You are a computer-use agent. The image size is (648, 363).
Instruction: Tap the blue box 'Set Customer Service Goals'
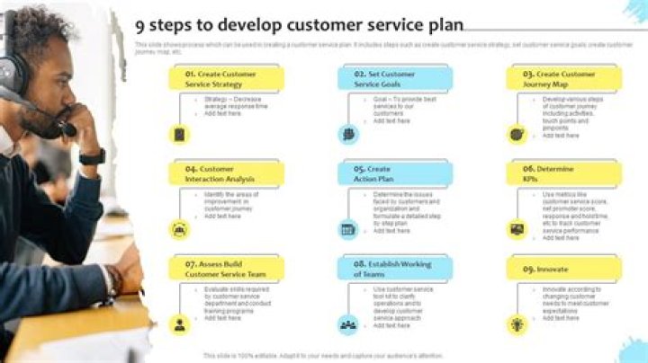(395, 78)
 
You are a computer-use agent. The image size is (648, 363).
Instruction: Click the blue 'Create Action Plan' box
(395, 173)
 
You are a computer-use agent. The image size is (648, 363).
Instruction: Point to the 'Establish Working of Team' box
(395, 269)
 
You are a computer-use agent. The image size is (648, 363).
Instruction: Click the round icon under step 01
(180, 134)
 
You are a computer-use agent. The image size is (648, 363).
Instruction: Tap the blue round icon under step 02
(348, 134)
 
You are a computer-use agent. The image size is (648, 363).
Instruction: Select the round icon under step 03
(517, 134)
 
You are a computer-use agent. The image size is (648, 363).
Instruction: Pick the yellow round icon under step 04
(180, 229)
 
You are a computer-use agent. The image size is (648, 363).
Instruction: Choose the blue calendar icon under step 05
(348, 229)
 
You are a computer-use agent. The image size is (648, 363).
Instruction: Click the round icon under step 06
(517, 229)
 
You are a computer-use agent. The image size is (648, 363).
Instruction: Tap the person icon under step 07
(180, 324)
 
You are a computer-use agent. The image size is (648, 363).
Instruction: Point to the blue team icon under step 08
(348, 324)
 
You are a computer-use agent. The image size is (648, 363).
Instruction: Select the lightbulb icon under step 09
(517, 324)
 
